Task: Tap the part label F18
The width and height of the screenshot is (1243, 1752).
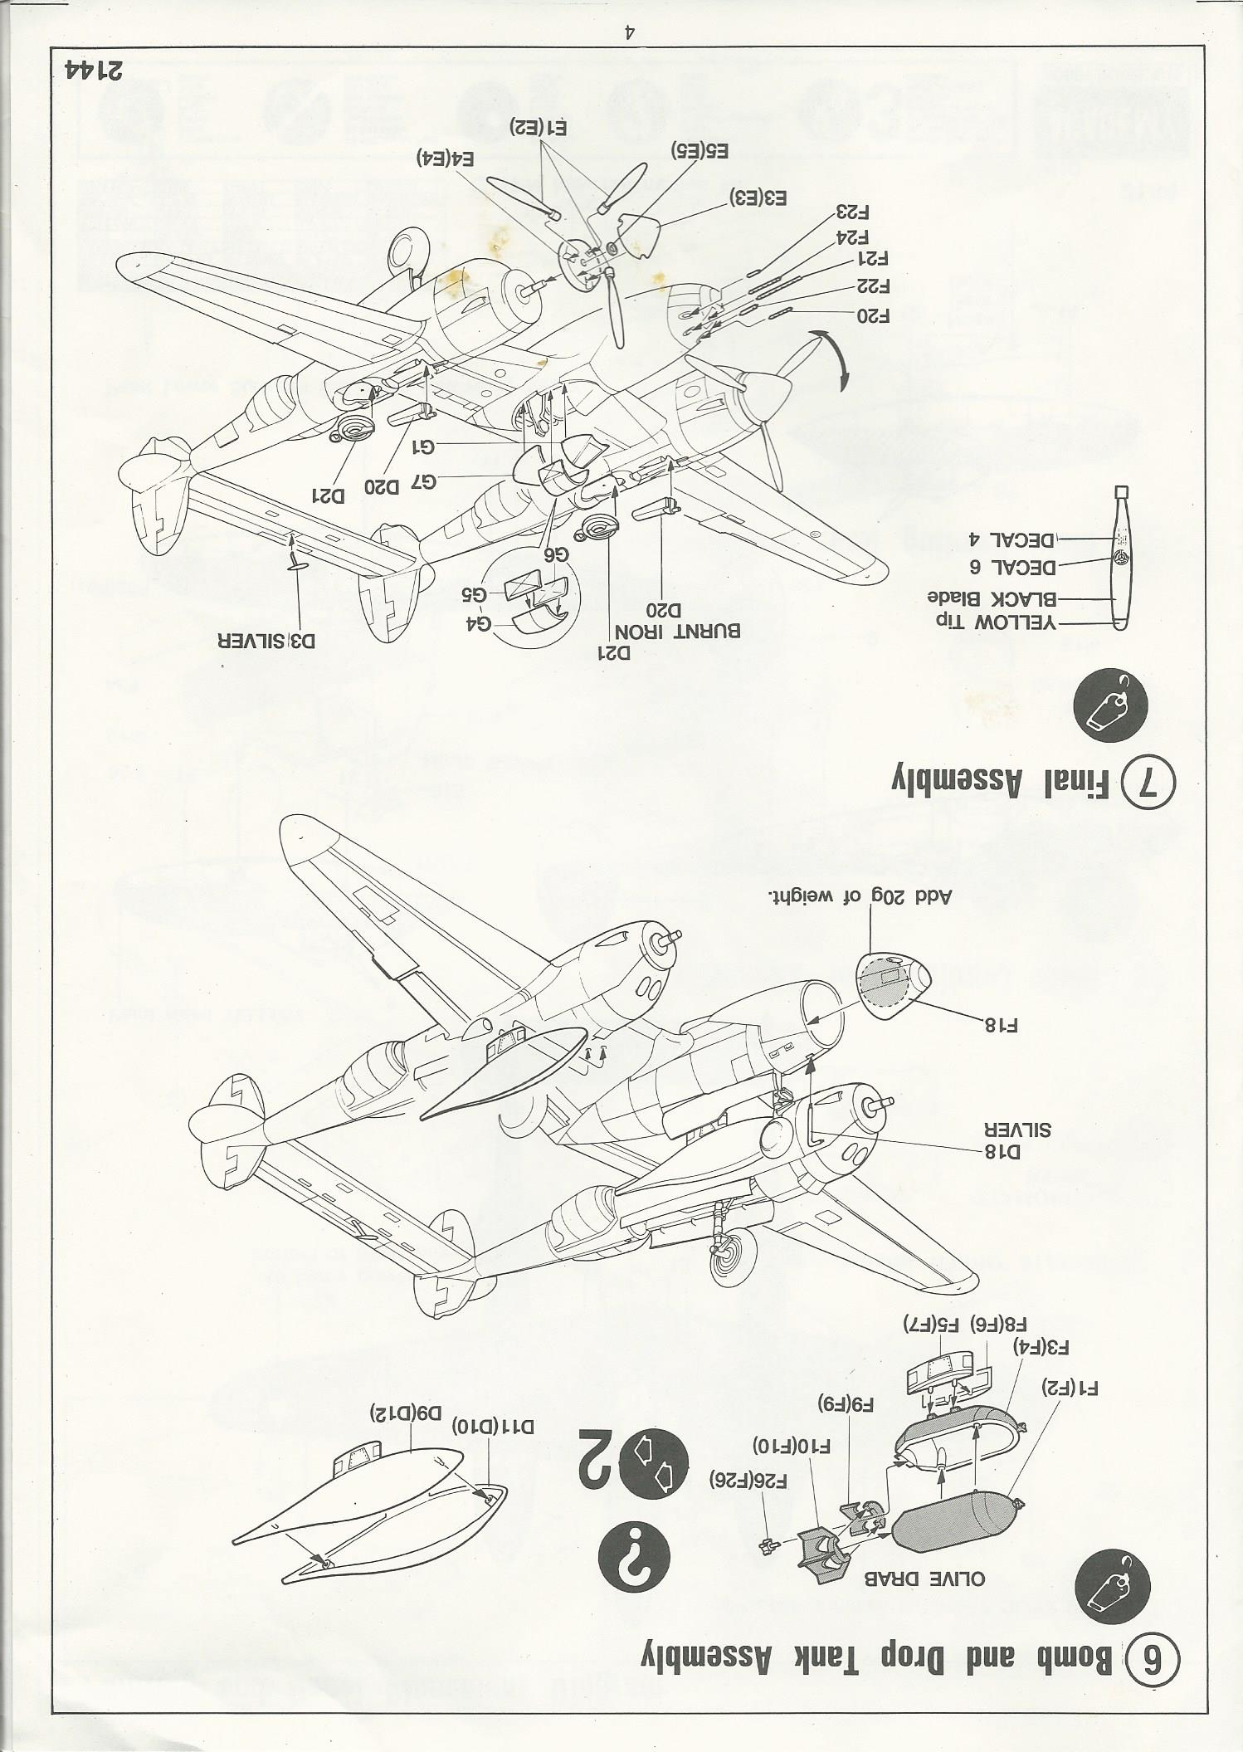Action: tap(1001, 1024)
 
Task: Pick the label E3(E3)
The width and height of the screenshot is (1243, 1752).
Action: tap(758, 198)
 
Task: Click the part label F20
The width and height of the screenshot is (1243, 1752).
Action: tap(872, 316)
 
